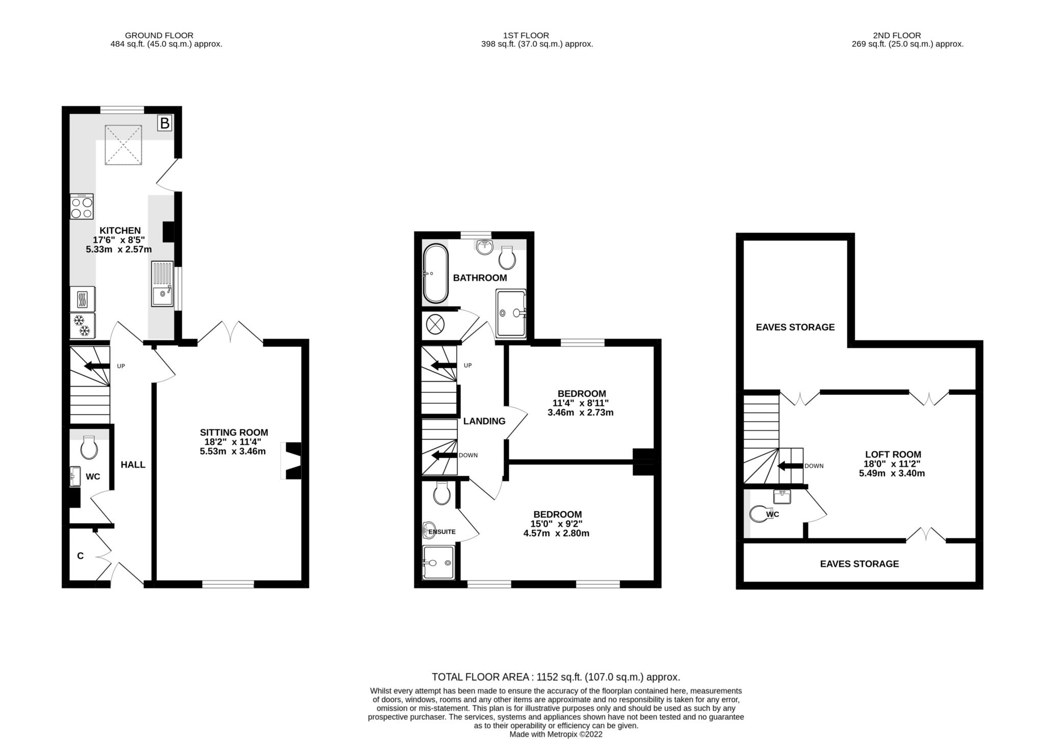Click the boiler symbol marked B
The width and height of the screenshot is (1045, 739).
164,123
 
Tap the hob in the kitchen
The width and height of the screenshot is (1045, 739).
82,206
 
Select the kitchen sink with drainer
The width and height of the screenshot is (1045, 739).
163,284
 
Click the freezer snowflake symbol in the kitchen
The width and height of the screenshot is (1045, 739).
82,325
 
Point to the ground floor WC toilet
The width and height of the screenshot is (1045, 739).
90,448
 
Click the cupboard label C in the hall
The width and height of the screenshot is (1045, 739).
80,556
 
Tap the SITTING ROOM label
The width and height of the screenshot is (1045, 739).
234,433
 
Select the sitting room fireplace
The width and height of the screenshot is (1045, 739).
292,461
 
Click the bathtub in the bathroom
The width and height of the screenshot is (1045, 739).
435,274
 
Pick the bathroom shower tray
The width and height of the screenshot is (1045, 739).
510,313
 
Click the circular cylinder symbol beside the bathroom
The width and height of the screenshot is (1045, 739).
435,324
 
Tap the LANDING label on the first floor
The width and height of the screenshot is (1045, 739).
484,421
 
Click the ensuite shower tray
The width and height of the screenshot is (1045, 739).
438,562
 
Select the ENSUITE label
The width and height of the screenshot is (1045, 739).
442,532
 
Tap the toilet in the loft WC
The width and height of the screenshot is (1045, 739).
758,514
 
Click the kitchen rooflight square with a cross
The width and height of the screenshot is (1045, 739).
123,145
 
